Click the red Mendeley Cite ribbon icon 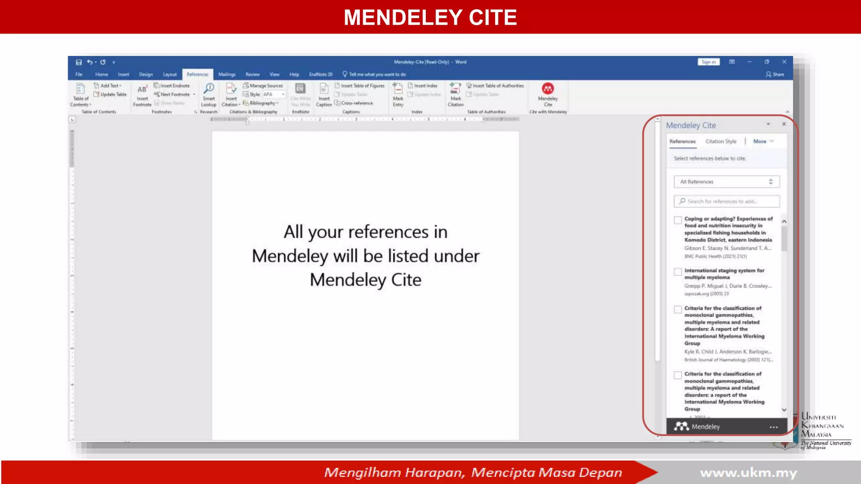(547, 89)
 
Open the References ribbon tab (197, 74)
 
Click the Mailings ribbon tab (227, 74)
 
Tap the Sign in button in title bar (708, 62)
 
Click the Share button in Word (775, 74)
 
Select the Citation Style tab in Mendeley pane (721, 142)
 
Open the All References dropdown (726, 182)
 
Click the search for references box (726, 202)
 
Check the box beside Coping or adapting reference (678, 220)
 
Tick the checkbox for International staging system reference (678, 272)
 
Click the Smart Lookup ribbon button (209, 95)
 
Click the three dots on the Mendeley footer (774, 427)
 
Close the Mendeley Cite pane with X (784, 124)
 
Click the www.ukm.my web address (748, 473)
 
